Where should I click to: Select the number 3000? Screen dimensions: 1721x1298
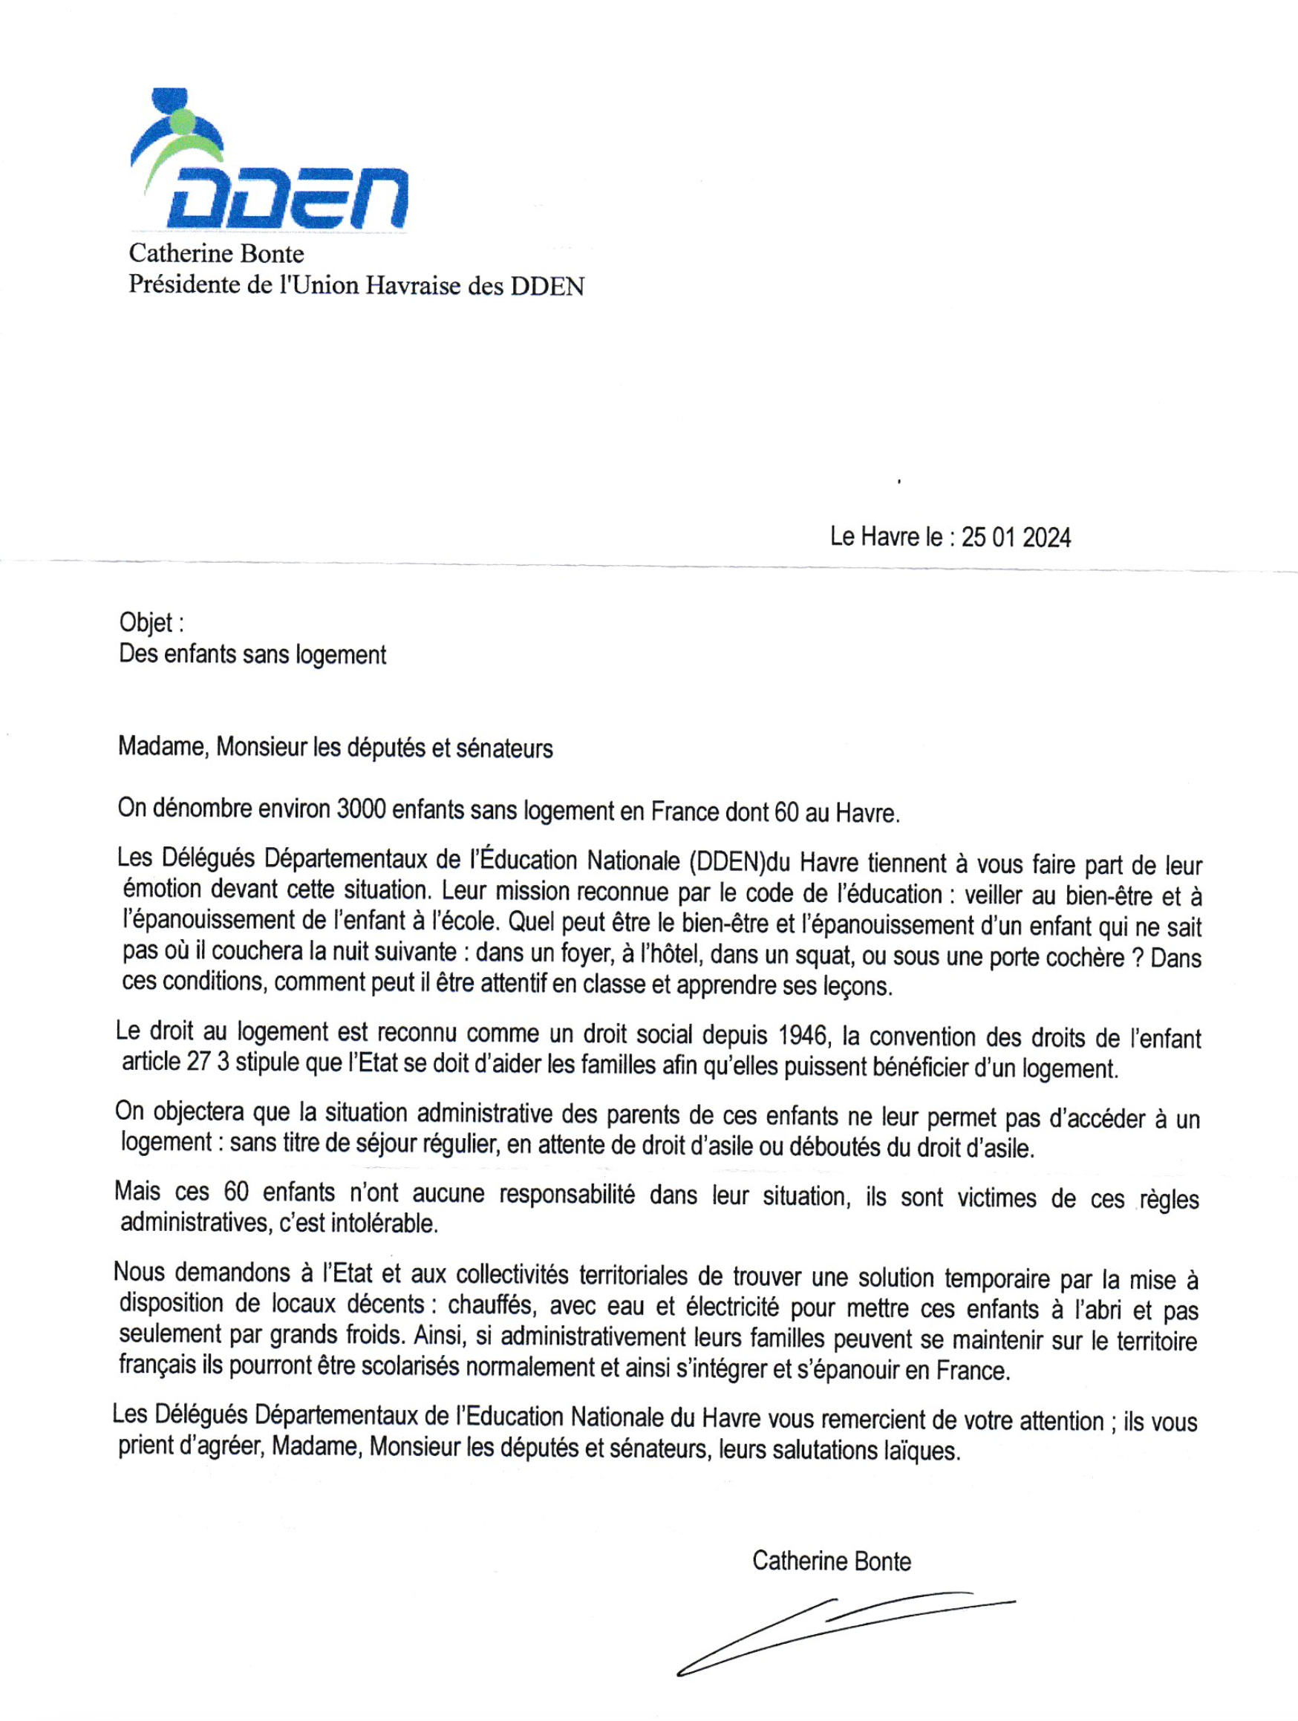point(361,810)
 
